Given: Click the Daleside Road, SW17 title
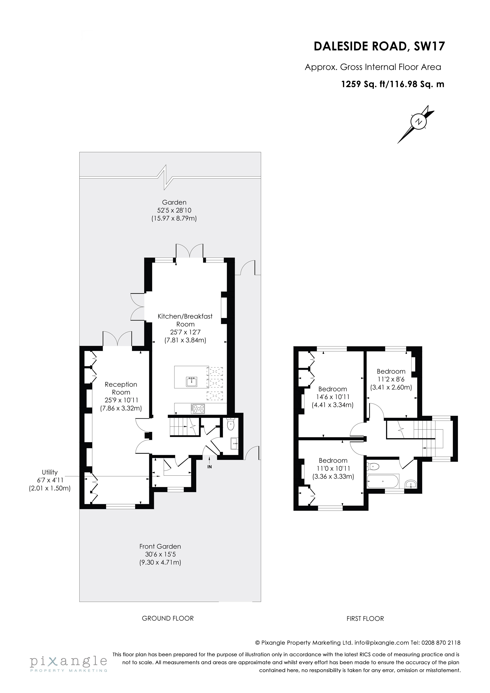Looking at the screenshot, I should click(x=379, y=46).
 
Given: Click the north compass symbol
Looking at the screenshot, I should click(x=418, y=122).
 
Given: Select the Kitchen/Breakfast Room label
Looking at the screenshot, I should click(x=185, y=320).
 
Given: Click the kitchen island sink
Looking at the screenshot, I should click(x=192, y=382).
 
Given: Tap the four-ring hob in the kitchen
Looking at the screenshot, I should click(x=198, y=409).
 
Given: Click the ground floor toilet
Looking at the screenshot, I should click(x=231, y=425).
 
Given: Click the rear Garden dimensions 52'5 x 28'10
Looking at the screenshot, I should click(x=174, y=210).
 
